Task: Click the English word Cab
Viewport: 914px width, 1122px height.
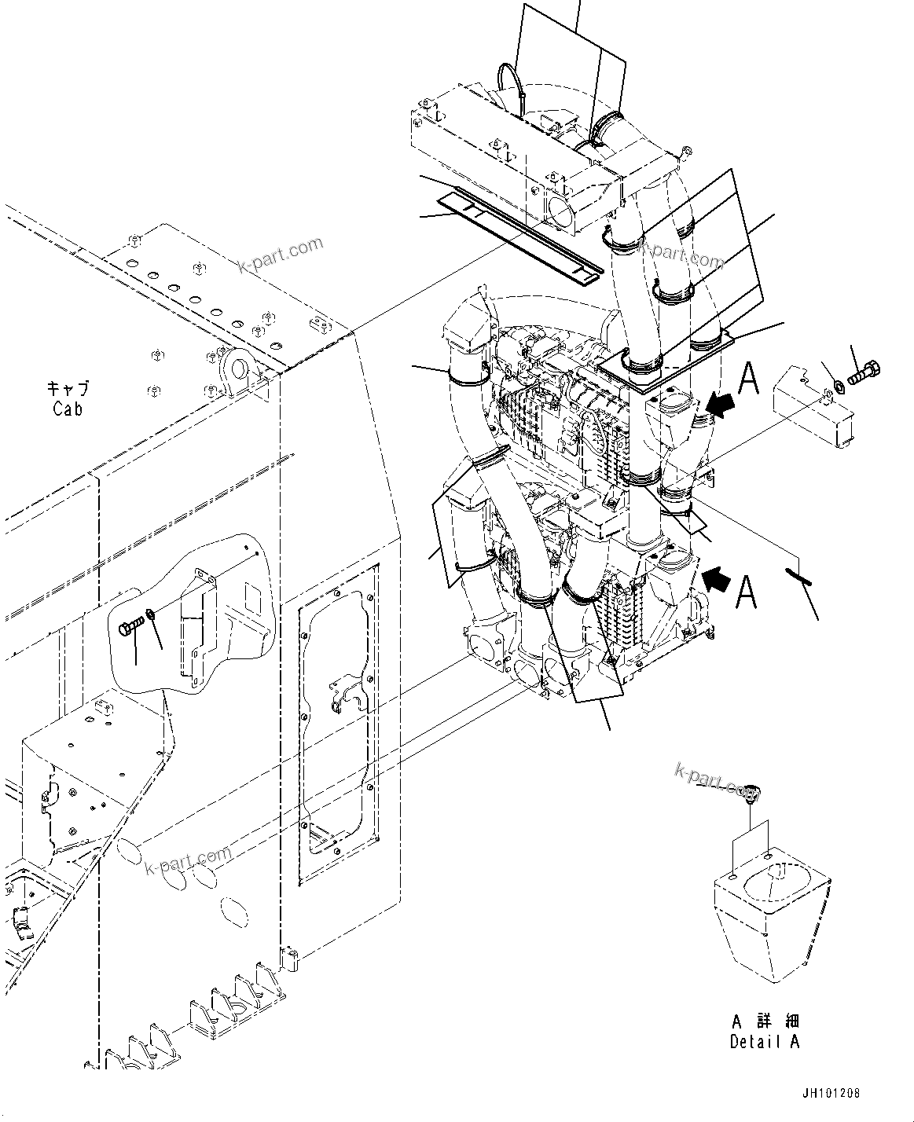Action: click(x=68, y=409)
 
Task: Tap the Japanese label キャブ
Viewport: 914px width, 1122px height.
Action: click(x=68, y=389)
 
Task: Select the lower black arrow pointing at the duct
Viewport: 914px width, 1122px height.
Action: click(x=718, y=581)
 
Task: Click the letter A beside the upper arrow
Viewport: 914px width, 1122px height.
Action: click(x=750, y=378)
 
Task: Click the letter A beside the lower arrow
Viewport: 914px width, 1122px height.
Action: click(x=747, y=591)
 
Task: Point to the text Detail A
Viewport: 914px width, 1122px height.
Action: click(x=764, y=1042)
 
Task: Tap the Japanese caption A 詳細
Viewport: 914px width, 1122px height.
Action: click(x=764, y=1022)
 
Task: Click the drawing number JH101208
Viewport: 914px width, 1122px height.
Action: click(x=831, y=1094)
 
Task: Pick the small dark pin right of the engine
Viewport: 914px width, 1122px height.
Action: click(x=798, y=575)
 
